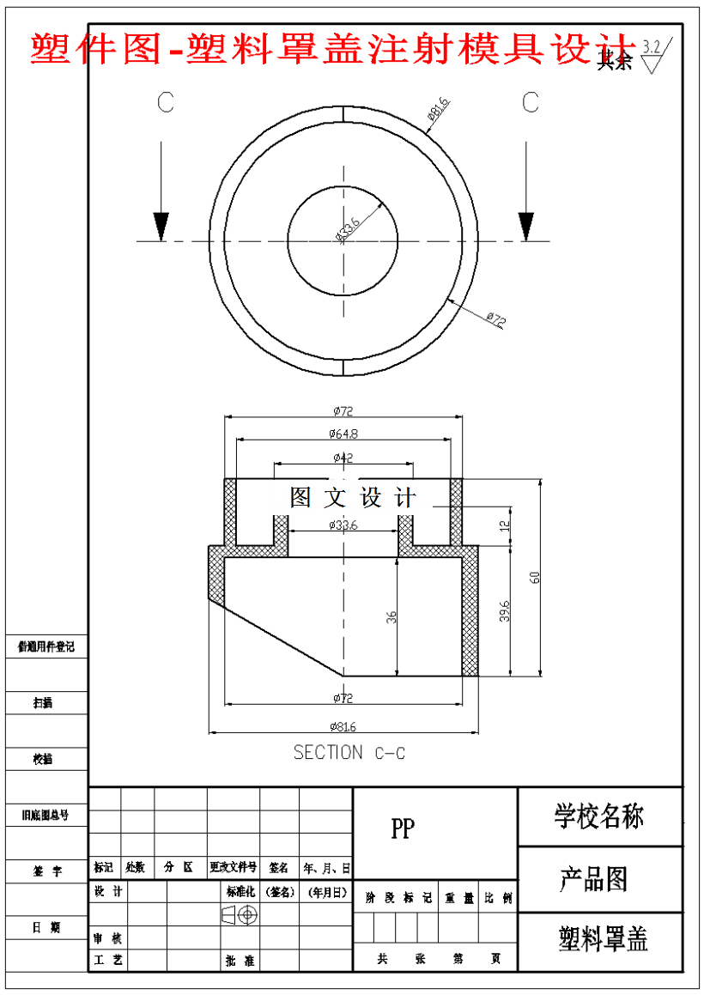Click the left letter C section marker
click(x=166, y=102)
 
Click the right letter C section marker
click(x=531, y=102)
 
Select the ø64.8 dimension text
click(x=343, y=434)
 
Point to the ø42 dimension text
click(x=342, y=458)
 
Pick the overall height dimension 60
click(x=535, y=577)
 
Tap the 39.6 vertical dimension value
click(x=505, y=610)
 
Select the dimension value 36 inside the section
click(x=391, y=616)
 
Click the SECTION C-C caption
click(x=349, y=753)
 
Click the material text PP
click(x=402, y=828)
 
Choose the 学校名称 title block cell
click(x=599, y=816)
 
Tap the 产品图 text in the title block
click(x=594, y=879)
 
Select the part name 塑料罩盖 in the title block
click(x=604, y=939)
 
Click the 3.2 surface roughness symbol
click(x=653, y=53)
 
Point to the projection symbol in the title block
click(x=240, y=915)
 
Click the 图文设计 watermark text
click(x=353, y=497)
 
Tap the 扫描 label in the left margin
click(x=43, y=702)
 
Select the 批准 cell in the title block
click(x=240, y=961)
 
